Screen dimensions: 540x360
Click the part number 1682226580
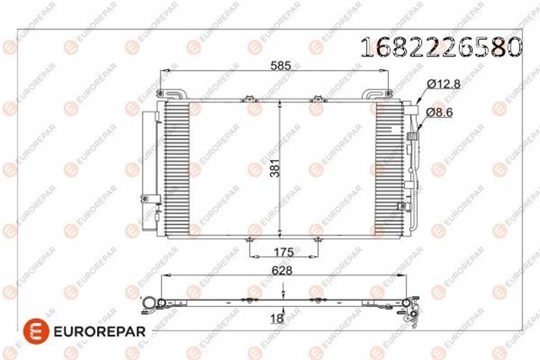pos(441,47)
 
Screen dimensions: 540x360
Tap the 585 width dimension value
pos(281,66)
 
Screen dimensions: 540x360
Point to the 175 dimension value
pos(283,252)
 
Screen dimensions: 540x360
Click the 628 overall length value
pos(282,271)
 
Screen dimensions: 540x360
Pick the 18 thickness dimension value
pos(277,319)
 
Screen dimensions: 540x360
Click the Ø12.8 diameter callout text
pos(444,83)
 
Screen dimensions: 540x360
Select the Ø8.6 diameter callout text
pos(439,112)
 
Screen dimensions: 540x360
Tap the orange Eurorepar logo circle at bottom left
pos(36,331)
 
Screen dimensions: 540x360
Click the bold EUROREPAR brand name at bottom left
pos(100,331)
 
